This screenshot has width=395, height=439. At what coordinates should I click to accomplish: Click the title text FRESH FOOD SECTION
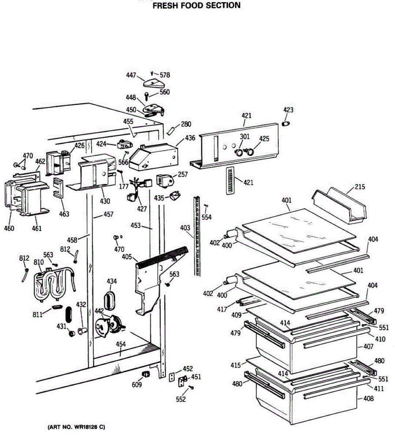(196, 5)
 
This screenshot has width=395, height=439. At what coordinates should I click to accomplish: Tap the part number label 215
(360, 187)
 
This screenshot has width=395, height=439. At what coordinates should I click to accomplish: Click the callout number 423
(288, 110)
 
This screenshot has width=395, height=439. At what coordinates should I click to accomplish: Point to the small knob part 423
(286, 123)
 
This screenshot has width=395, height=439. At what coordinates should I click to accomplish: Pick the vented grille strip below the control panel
(229, 181)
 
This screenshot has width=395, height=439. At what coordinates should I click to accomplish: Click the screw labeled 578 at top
(152, 74)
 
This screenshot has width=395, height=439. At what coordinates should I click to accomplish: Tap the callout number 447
(131, 75)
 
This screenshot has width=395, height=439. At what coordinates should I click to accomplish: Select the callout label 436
(190, 138)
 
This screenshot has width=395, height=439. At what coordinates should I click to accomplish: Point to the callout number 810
(38, 262)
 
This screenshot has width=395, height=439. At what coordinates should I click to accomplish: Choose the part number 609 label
(137, 384)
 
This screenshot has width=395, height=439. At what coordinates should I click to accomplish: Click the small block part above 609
(146, 374)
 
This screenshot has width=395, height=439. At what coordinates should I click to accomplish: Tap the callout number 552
(181, 399)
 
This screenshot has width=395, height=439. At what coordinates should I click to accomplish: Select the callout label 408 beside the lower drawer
(368, 398)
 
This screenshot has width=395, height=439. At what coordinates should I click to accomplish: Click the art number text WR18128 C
(76, 427)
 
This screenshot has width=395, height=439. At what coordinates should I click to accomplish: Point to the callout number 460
(9, 228)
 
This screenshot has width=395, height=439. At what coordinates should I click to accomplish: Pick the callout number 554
(206, 217)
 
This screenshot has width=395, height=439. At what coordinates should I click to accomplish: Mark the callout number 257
(183, 174)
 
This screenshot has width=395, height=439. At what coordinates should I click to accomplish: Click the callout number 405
(127, 257)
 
